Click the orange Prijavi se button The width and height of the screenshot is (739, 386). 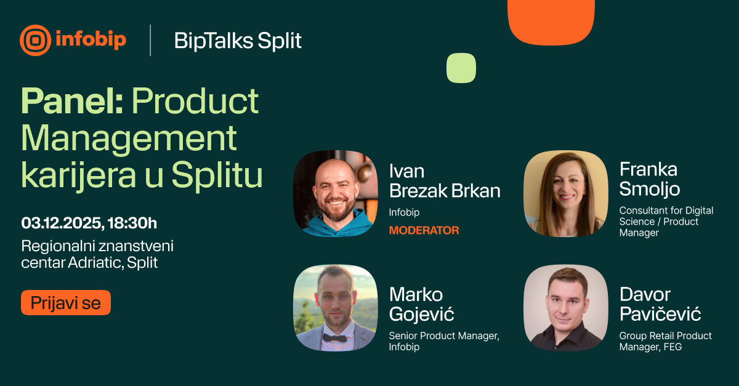click(x=66, y=302)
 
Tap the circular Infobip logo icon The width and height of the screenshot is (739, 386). click(x=35, y=40)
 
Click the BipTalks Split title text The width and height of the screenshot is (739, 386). click(x=238, y=41)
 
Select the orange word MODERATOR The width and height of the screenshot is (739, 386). click(x=424, y=230)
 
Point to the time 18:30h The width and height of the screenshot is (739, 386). click(x=132, y=223)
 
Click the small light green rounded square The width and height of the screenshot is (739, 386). click(x=461, y=68)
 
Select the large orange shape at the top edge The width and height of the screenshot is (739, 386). click(x=551, y=21)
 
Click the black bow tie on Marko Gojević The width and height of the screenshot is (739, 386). click(x=334, y=338)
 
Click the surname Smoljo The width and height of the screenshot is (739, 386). click(x=650, y=190)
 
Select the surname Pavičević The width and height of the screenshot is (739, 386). click(x=660, y=313)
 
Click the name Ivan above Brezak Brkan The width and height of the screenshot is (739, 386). click(x=407, y=171)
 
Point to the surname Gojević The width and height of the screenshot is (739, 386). click(x=422, y=314)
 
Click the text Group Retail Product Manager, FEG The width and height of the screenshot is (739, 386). click(x=666, y=341)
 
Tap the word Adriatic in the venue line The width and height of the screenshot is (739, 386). click(x=95, y=263)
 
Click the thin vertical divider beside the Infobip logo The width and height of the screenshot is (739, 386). click(x=150, y=40)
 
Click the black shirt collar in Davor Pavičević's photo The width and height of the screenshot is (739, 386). click(x=567, y=332)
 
